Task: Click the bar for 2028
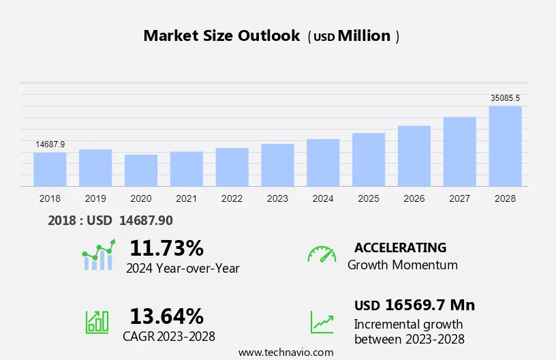coord(505,146)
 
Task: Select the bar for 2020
coord(141,170)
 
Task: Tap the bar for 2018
coord(50,169)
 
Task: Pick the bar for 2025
coord(369,160)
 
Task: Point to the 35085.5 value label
coord(505,98)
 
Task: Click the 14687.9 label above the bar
coord(50,145)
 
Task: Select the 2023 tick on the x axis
coord(277,198)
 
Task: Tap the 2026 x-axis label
coord(414,198)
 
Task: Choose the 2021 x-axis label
coord(187,198)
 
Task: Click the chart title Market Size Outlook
coord(221,36)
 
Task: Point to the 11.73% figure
coord(166,247)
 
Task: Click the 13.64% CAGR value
coord(166,316)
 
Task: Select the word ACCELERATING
coord(400,247)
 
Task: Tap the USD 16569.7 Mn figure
coord(414,305)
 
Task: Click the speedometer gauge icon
coord(322,254)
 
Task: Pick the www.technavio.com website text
coord(285,352)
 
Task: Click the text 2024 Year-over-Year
coord(183,268)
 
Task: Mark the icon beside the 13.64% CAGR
coord(97,322)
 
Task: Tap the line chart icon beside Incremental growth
coord(322,322)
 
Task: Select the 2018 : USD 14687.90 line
coord(110,220)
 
